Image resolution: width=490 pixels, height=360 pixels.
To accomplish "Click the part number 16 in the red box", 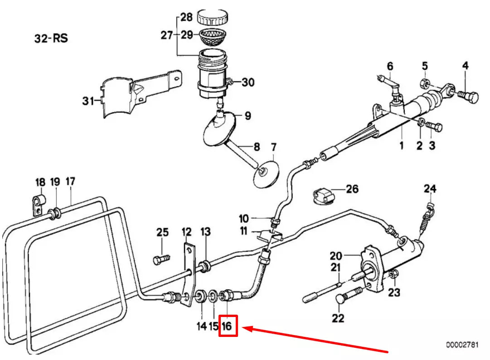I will point(228,326).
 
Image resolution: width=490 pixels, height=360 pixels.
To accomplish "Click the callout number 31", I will point(87,101).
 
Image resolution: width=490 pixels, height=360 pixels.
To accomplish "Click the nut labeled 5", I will point(425,84).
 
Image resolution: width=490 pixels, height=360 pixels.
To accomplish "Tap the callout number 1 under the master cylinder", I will point(401,145).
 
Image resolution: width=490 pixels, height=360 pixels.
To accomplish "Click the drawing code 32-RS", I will point(51,38).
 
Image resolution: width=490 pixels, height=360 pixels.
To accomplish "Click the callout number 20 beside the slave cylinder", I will point(349,256).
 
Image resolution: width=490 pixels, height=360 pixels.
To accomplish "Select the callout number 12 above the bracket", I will point(187,232).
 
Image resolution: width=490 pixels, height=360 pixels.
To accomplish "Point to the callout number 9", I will point(247,116).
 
